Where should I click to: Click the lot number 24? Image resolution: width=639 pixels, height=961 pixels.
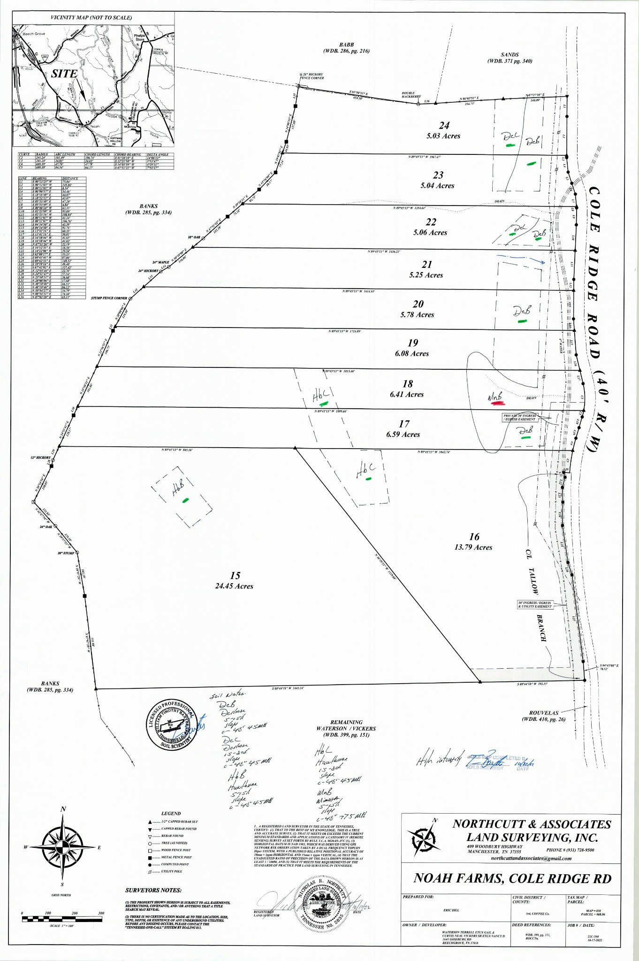tap(444, 126)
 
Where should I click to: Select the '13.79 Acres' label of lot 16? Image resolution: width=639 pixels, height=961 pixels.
tap(473, 547)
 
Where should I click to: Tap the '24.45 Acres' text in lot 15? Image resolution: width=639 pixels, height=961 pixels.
tap(234, 586)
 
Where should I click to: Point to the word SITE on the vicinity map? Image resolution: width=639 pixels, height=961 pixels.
tap(64, 74)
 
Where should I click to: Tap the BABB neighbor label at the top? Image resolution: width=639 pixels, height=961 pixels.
tap(346, 45)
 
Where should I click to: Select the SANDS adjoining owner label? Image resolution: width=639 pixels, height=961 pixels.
tap(510, 55)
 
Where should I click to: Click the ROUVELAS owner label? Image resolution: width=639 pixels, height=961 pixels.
tap(544, 713)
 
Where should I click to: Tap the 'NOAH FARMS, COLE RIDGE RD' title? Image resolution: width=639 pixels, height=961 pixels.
tap(512, 878)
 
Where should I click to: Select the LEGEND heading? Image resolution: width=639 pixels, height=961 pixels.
tap(171, 813)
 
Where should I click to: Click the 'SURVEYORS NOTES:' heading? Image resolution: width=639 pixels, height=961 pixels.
tap(153, 890)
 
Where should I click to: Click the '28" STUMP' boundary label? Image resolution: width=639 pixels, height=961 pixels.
tap(66, 553)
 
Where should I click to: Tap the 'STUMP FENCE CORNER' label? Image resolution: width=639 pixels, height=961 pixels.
tap(109, 298)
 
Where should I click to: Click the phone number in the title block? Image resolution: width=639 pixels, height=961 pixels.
tap(570, 850)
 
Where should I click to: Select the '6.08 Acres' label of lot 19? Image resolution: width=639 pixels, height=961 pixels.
tap(411, 354)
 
